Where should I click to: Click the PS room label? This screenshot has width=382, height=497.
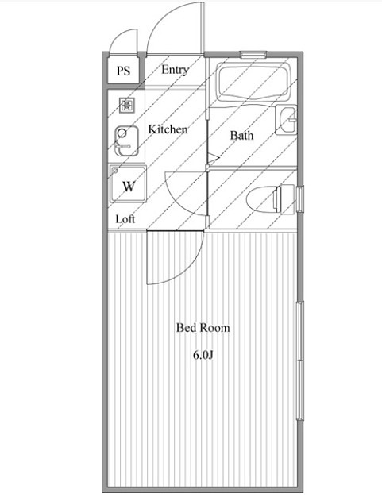click(x=123, y=71)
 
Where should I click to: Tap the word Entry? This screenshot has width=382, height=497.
click(x=175, y=70)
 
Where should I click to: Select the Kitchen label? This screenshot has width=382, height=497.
click(x=168, y=129)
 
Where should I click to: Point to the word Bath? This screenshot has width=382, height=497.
click(x=241, y=135)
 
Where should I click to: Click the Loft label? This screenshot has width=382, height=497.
click(x=125, y=218)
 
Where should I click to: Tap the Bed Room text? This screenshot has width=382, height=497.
click(x=203, y=327)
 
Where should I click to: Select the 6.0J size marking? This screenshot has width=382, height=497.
click(x=203, y=355)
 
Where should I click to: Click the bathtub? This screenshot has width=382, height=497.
click(x=253, y=82)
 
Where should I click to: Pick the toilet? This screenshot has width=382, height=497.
click(x=270, y=198)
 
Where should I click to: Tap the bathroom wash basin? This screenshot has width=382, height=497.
click(x=286, y=120)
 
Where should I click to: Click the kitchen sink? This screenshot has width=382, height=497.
click(x=126, y=141)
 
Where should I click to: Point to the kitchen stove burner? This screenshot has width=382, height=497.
click(x=127, y=106)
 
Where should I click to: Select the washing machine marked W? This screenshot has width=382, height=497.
click(x=128, y=183)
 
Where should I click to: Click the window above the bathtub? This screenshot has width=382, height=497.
click(x=253, y=55)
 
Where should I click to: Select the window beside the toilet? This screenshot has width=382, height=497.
click(x=300, y=198)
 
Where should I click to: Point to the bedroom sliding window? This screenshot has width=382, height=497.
click(x=300, y=361)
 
